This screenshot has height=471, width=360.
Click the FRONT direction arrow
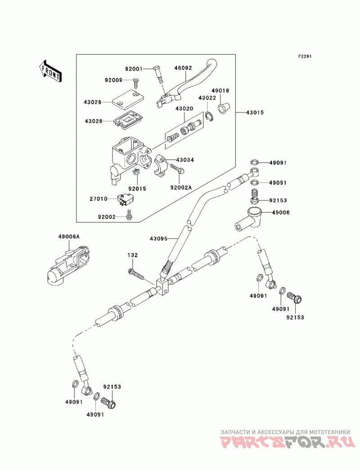(x=50, y=71)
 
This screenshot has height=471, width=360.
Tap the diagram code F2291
(x=305, y=56)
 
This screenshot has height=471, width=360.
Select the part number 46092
(x=183, y=68)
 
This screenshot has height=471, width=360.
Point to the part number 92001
(x=134, y=69)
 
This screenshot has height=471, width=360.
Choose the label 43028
(x=94, y=121)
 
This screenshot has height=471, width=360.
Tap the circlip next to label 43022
(x=210, y=117)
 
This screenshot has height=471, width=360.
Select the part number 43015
(x=255, y=112)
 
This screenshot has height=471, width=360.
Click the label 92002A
(x=181, y=188)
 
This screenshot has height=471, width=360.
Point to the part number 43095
(x=159, y=238)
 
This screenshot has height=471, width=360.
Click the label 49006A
(x=69, y=237)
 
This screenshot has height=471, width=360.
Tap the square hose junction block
(x=163, y=287)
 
